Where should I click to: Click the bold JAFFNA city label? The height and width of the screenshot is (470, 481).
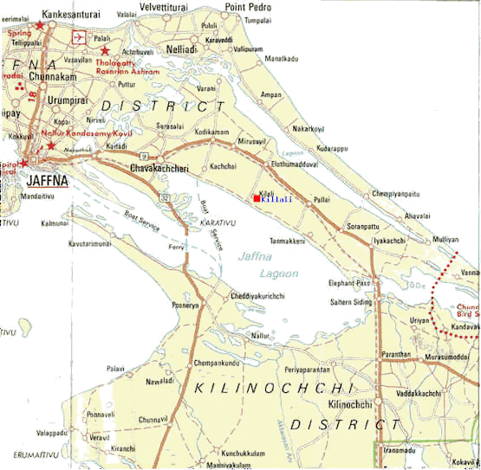47,180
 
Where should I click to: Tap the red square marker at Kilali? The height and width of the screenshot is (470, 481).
257,199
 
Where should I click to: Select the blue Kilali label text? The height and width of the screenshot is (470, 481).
276,199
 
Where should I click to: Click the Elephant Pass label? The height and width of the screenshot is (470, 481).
349,283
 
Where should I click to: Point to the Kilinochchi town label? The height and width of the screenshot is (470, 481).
350,405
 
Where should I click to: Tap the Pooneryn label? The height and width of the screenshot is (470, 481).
186,306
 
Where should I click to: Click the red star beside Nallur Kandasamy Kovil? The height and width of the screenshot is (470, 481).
51,145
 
